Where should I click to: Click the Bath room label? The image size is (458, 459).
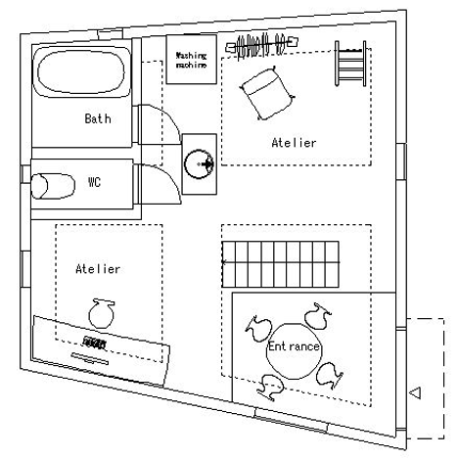[98, 118]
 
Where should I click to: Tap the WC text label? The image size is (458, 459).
[94, 182]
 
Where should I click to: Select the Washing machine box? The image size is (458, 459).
[192, 60]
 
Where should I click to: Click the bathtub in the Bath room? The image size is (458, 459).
[81, 71]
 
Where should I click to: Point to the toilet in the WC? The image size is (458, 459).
[53, 186]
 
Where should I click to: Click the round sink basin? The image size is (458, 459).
[199, 164]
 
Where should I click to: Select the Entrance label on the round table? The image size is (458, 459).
[294, 346]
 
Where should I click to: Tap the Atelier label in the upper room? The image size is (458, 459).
[294, 143]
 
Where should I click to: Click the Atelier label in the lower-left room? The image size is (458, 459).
[98, 269]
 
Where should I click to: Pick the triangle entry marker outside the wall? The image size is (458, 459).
[416, 392]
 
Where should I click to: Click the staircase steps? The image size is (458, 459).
[281, 264]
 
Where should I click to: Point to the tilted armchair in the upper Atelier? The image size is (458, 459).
[267, 93]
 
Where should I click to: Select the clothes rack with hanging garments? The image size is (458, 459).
[262, 46]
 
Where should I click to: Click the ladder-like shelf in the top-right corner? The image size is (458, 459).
[350, 64]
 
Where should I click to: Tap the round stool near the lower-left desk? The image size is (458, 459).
[102, 313]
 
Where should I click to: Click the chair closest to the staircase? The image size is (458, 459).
[317, 316]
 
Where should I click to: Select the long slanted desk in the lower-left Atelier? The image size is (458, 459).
[101, 349]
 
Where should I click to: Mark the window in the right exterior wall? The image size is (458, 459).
[401, 161]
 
